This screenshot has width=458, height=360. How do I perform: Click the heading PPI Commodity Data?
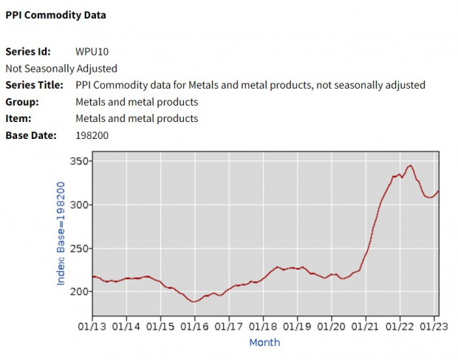click(55, 15)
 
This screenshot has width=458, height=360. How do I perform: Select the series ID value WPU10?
click(92, 52)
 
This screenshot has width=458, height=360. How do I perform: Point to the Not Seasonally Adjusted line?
click(61, 69)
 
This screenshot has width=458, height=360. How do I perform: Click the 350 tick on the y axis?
click(78, 161)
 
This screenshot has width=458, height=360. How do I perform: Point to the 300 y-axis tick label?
click(78, 205)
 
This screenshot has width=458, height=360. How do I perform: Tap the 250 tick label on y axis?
click(78, 248)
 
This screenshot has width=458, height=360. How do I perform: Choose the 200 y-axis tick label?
click(78, 291)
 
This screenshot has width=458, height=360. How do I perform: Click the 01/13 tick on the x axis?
click(92, 325)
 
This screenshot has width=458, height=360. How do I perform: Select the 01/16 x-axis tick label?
click(195, 325)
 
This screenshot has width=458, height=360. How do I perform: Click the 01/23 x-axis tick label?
click(433, 325)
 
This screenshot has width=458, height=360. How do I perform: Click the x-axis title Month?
click(264, 342)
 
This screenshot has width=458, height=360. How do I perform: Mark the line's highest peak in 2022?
click(411, 166)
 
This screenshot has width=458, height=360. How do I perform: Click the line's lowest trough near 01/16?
click(194, 302)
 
